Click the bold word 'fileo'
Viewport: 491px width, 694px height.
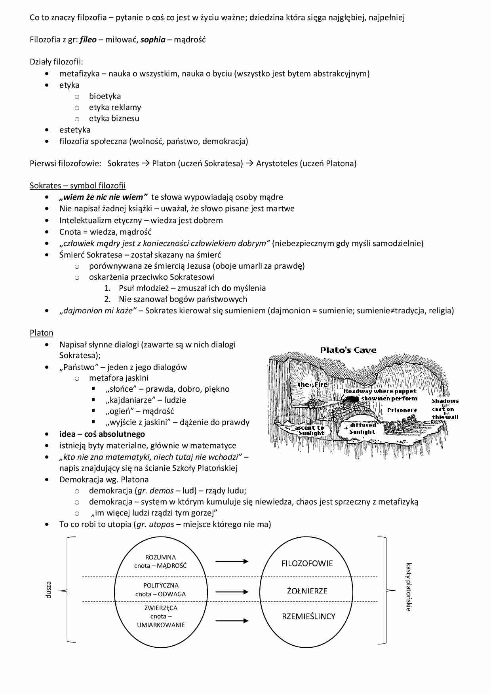(88, 40)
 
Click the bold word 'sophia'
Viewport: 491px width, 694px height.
(153, 40)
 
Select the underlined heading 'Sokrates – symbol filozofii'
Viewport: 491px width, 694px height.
(78, 186)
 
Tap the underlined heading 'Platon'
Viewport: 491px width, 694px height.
(42, 333)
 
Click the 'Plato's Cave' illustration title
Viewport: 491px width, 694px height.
(348, 350)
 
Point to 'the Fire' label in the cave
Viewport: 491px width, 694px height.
(312, 384)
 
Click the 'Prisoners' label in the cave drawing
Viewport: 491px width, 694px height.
(402, 410)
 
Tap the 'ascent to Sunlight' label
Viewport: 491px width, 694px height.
(310, 430)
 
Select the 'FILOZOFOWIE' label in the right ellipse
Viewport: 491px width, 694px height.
(307, 563)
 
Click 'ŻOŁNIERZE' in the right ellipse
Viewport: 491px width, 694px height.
(307, 591)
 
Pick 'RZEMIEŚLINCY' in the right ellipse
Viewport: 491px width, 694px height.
(308, 616)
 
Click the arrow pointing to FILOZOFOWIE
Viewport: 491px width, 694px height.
(232, 561)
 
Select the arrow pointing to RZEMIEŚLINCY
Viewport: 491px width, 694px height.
(232, 620)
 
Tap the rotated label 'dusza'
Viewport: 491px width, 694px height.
(49, 590)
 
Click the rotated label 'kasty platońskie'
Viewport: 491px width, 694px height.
(409, 587)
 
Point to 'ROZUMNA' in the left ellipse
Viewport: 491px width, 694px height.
(160, 557)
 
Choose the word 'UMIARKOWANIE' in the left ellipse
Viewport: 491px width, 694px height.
(161, 625)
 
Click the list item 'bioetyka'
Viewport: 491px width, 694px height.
(105, 96)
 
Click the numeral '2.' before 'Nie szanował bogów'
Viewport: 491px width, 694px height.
(107, 299)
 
